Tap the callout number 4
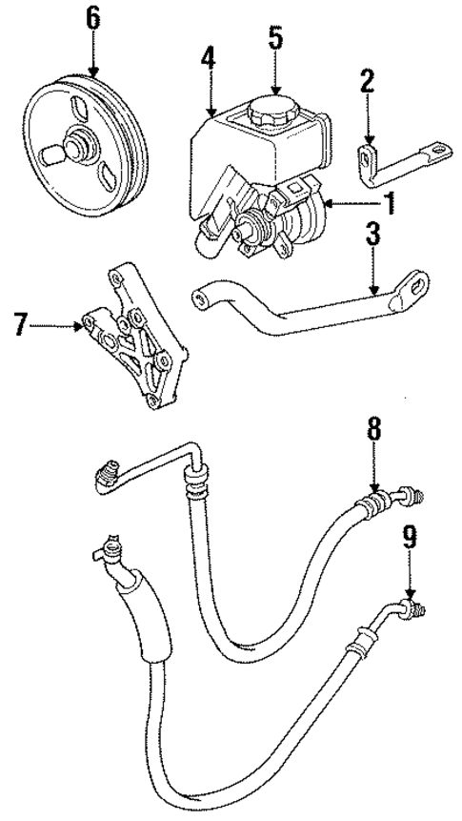click(x=208, y=57)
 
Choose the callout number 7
click(x=16, y=325)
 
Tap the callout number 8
click(x=374, y=428)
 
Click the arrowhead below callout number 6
click(x=93, y=73)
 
